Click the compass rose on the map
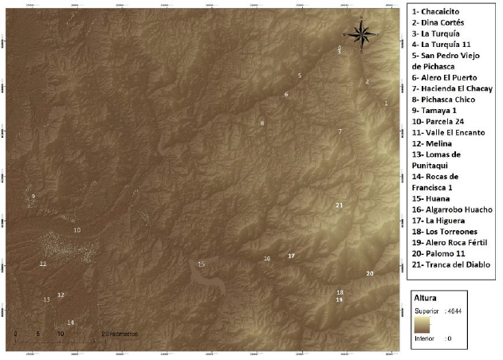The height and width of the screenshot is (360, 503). click(360, 33)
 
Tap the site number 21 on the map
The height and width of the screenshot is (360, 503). click(339, 205)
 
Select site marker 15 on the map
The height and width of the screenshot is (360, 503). click(201, 264)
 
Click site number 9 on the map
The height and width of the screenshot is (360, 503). click(33, 196)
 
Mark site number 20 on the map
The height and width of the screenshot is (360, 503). click(369, 273)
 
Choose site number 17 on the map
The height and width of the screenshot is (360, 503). click(292, 256)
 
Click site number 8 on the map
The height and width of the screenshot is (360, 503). click(261, 123)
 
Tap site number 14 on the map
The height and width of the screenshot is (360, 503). click(70, 323)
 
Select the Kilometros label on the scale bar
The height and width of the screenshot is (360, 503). click(121, 333)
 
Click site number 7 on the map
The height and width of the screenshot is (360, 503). click(340, 131)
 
